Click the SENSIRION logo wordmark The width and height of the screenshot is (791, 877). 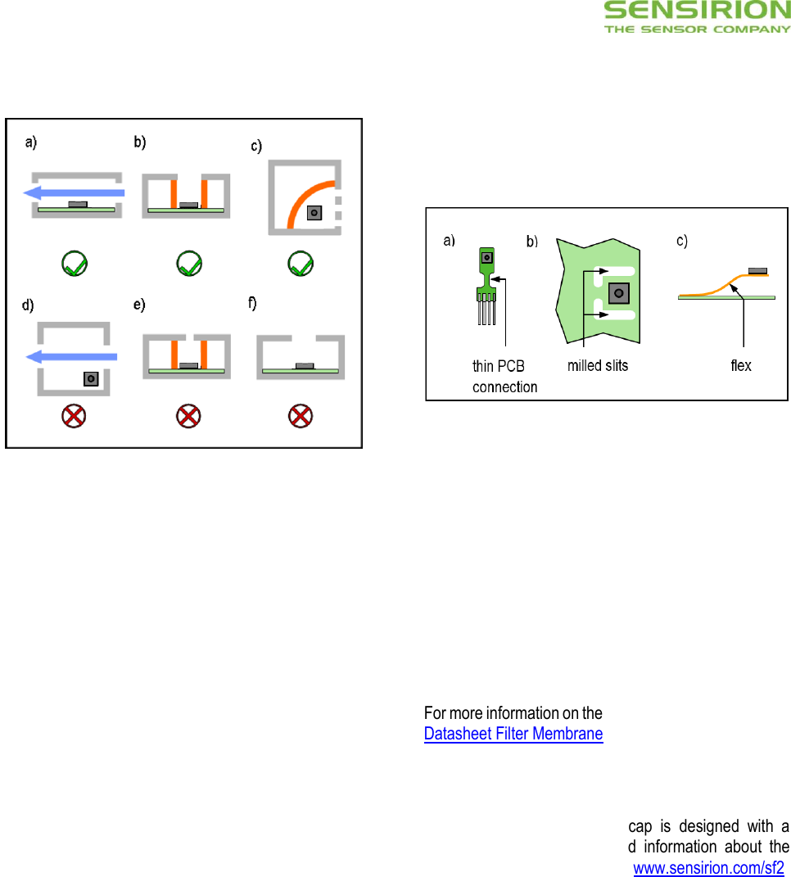point(697,11)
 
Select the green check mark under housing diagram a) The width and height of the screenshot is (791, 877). point(75,264)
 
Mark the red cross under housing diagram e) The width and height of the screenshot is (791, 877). point(188,417)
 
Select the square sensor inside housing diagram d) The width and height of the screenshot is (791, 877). point(89,379)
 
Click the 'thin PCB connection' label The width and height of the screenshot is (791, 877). point(504,377)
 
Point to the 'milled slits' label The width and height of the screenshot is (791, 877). point(598,366)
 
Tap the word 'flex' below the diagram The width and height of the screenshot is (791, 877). point(740,366)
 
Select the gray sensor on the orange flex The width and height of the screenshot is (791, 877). point(757,269)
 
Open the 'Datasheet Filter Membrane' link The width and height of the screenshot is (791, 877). point(513,735)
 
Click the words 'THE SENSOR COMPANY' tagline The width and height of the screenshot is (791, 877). point(697,29)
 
